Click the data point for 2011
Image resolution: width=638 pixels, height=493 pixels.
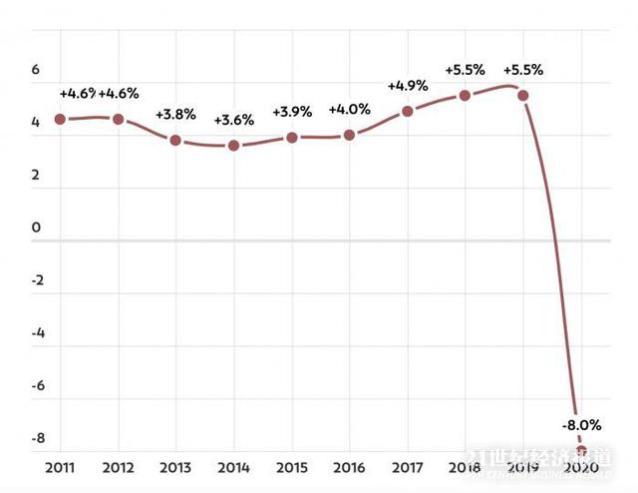[60, 119]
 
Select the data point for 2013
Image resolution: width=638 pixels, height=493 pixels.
[175, 140]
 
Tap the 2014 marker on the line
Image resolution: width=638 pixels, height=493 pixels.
[233, 146]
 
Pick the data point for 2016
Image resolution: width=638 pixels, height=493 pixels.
[349, 135]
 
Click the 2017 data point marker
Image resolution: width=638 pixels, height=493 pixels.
[407, 111]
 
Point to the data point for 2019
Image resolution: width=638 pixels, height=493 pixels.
[522, 96]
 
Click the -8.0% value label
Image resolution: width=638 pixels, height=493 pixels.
[580, 424]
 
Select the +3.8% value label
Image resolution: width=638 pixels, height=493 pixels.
[175, 115]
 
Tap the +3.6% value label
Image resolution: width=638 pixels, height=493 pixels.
[233, 121]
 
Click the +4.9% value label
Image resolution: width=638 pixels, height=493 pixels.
[407, 86]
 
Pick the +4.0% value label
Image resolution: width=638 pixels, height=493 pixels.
[349, 109]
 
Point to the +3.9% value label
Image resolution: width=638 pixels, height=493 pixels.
[291, 111]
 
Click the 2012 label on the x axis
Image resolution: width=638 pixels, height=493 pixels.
[118, 466]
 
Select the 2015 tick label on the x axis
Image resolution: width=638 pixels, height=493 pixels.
[291, 466]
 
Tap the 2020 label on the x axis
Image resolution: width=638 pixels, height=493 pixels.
[580, 466]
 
